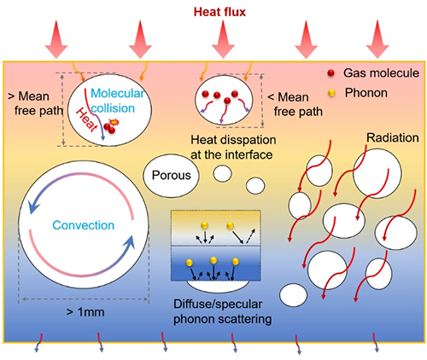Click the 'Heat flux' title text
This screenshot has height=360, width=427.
point(219,12)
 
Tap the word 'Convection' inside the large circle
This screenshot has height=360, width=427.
point(84,225)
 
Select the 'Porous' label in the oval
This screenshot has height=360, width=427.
point(171,175)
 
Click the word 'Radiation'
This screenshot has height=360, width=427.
point(392,138)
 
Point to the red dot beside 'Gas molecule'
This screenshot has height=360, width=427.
point(330,73)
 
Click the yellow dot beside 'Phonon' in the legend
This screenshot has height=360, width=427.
point(331,93)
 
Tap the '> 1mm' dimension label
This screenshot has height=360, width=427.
point(85,312)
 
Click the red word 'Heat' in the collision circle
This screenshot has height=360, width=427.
point(87,120)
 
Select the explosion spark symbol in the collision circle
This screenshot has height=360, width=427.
point(114,122)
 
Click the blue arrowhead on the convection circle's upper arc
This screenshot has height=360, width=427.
point(33,206)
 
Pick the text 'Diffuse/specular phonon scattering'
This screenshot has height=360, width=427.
point(222,311)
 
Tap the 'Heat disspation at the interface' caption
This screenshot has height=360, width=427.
point(233,148)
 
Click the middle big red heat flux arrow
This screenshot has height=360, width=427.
point(223,39)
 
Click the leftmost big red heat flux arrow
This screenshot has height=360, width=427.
point(56,39)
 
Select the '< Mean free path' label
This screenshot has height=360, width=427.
point(295,104)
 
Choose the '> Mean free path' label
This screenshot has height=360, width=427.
point(36,103)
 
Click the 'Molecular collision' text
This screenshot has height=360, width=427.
point(117,101)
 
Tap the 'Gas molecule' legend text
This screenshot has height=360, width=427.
point(381,73)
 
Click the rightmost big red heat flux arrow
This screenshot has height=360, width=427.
point(377,39)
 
